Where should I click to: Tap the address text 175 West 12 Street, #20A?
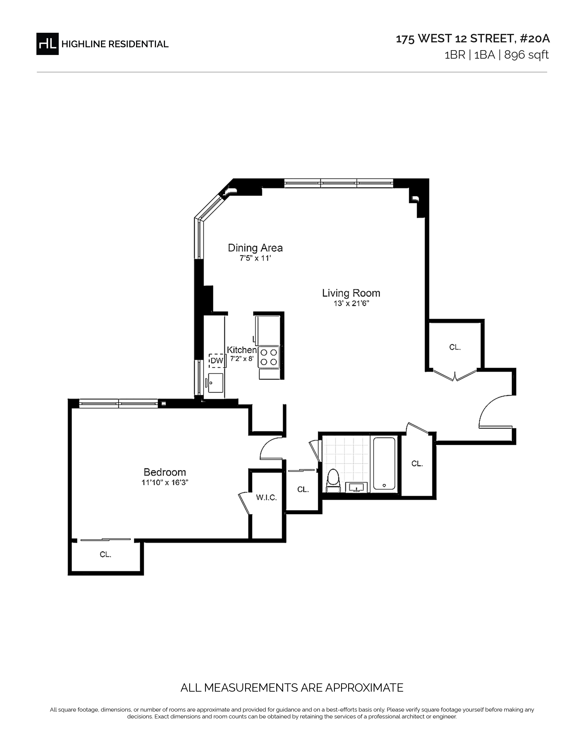[473, 39]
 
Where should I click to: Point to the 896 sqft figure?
[526, 55]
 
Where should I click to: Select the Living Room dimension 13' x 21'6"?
[351, 304]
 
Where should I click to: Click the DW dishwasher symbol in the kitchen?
[217, 361]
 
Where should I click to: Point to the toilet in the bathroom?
[333, 480]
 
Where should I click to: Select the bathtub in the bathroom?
[384, 463]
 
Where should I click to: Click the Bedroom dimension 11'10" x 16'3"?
[165, 482]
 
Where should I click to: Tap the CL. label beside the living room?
[455, 347]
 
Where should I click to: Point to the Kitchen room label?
[241, 350]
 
